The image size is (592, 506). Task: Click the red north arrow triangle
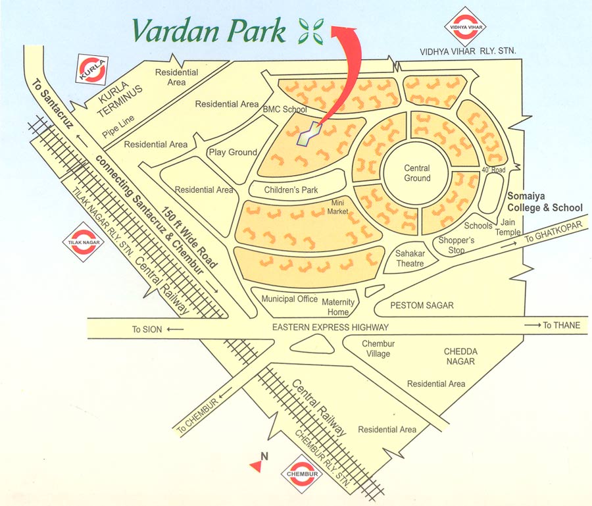tap(255, 466)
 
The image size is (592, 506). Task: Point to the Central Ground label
tap(417, 173)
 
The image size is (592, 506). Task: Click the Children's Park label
tap(291, 190)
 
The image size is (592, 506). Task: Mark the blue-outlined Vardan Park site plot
tap(310, 134)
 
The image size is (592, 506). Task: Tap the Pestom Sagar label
tap(422, 306)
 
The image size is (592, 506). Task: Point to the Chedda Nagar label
tap(460, 357)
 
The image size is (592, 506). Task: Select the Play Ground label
tap(233, 152)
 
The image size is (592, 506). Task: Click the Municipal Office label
tap(289, 299)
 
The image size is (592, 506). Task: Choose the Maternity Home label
tap(338, 307)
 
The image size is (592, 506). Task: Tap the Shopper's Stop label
tap(456, 245)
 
